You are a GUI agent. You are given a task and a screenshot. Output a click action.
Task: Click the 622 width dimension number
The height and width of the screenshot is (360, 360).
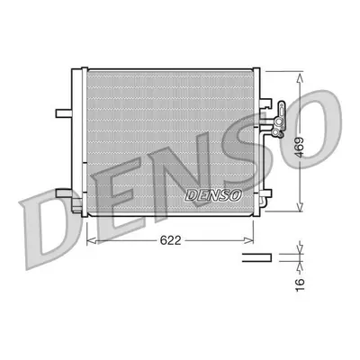(170, 240)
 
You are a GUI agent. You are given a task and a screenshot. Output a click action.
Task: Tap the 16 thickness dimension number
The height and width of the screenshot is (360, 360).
(301, 284)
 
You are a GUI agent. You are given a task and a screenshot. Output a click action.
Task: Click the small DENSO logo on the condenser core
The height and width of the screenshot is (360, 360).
(213, 195)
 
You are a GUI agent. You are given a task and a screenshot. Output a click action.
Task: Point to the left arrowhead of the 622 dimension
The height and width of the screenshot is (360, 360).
(91, 240)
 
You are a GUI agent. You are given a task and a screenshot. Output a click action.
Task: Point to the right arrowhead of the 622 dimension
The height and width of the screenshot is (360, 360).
(248, 240)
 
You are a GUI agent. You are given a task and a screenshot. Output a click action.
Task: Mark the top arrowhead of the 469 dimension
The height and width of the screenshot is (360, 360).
(300, 77)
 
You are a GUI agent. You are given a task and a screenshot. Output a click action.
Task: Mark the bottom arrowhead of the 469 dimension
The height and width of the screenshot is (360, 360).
(300, 205)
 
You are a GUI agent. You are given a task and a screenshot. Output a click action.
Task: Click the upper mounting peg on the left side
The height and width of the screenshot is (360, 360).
(64, 113)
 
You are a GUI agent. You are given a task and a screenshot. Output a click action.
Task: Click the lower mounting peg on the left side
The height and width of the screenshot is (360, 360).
(64, 193)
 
